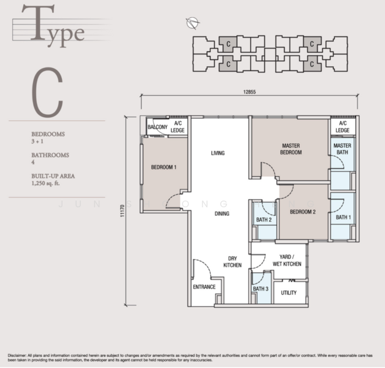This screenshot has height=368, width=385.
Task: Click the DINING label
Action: (x=221, y=213)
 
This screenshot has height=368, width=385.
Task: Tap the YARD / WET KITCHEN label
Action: (x=287, y=260)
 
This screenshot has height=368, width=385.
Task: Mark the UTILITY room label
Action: (x=289, y=293)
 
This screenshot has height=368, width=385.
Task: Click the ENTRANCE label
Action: (x=204, y=286)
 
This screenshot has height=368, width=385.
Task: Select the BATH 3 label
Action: (x=261, y=288)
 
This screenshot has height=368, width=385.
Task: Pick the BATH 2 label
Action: (x=264, y=220)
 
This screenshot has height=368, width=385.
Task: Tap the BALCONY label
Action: (x=158, y=127)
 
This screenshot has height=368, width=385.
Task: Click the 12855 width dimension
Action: (x=248, y=91)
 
